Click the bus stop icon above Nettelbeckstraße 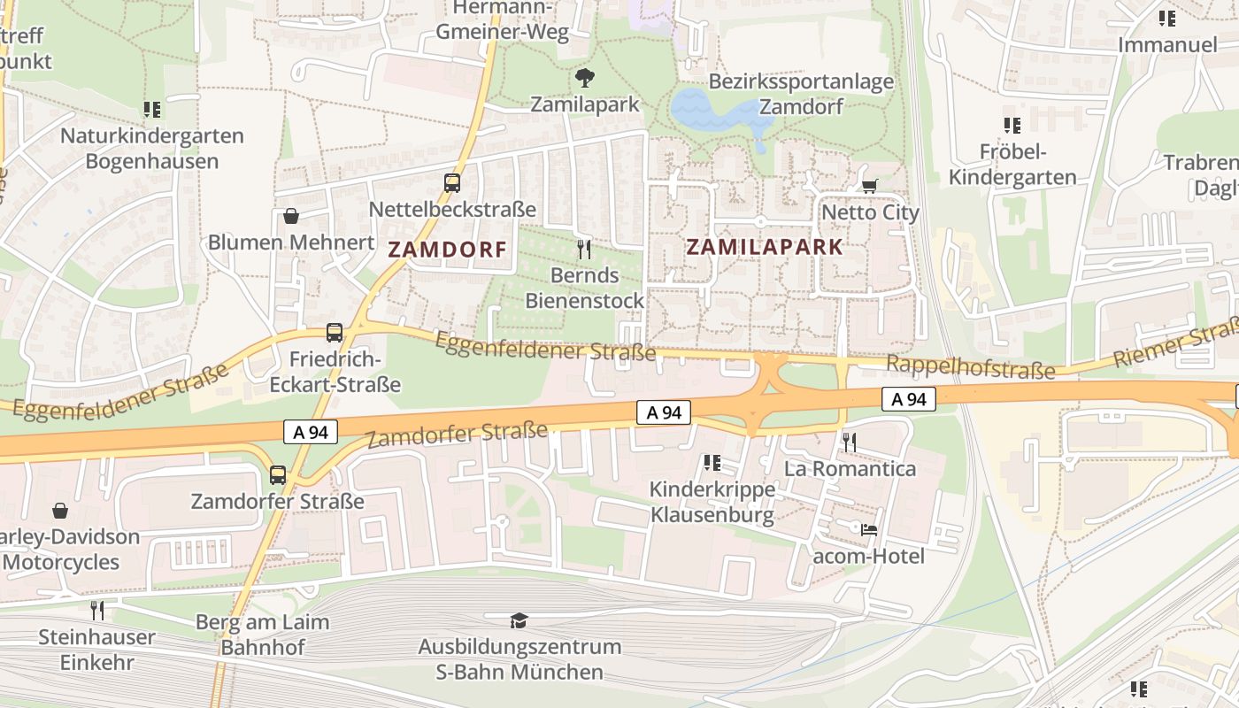click(x=452, y=183)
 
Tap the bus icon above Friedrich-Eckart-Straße click(x=335, y=333)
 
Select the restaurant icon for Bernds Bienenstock click(x=583, y=249)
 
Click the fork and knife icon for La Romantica click(x=850, y=441)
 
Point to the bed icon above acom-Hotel click(x=869, y=529)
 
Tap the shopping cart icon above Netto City click(x=869, y=186)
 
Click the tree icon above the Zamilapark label click(x=584, y=78)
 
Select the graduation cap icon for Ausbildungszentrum click(x=519, y=620)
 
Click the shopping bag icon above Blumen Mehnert click(x=290, y=215)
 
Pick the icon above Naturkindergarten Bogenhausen click(x=152, y=110)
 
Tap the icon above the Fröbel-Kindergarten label click(x=1012, y=126)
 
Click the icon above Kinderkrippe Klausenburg click(x=712, y=463)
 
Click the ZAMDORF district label click(x=448, y=250)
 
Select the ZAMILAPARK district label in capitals click(x=765, y=247)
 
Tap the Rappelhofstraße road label click(x=970, y=367)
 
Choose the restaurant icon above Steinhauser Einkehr click(x=97, y=610)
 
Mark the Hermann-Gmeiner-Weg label click(x=502, y=20)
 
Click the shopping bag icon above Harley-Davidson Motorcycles click(x=60, y=511)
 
